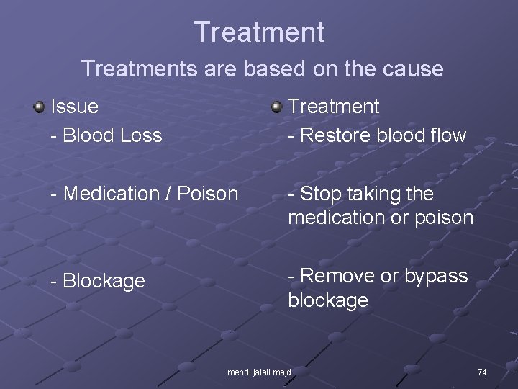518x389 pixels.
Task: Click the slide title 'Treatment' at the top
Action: point(259,32)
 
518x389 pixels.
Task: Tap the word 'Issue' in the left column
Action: point(75,107)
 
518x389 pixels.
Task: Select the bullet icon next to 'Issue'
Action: point(39,107)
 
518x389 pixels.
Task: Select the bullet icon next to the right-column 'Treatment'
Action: point(277,107)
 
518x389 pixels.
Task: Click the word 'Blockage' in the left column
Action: point(104,281)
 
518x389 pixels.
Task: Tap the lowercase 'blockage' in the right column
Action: point(328,300)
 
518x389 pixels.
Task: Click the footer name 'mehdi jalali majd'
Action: point(259,372)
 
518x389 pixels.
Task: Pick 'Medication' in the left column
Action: point(107,194)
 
